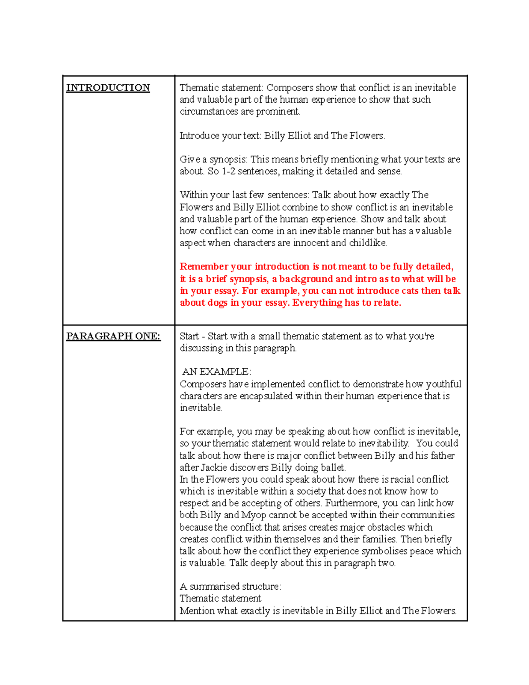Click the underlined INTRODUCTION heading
click(108, 88)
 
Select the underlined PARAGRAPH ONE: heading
click(113, 336)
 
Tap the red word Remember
click(204, 267)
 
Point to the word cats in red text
click(410, 291)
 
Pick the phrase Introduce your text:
click(220, 136)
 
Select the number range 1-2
click(228, 172)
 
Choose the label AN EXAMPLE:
click(216, 372)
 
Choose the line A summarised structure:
click(230, 587)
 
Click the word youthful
click(443, 384)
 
